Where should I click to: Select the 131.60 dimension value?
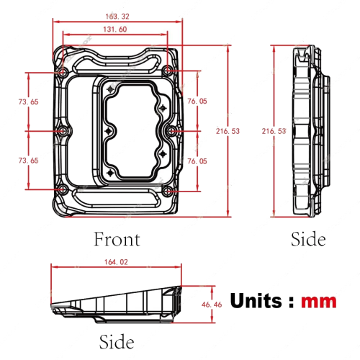[x=114, y=29]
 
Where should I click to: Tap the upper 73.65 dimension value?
[x=29, y=102]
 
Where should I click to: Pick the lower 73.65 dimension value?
[x=29, y=161]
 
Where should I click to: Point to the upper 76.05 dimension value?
[x=197, y=102]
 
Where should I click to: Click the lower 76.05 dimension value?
[x=197, y=161]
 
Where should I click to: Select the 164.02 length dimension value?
[x=116, y=262]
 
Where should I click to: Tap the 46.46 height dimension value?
[x=211, y=305]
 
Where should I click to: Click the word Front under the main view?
[x=117, y=238]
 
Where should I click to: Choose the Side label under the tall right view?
[x=307, y=238]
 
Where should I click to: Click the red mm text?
[x=318, y=301]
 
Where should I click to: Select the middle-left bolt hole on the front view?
[x=62, y=131]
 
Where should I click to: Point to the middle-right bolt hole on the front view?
[x=171, y=132]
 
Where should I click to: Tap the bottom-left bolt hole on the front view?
[x=62, y=191]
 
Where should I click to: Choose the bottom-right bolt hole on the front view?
[x=167, y=191]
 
